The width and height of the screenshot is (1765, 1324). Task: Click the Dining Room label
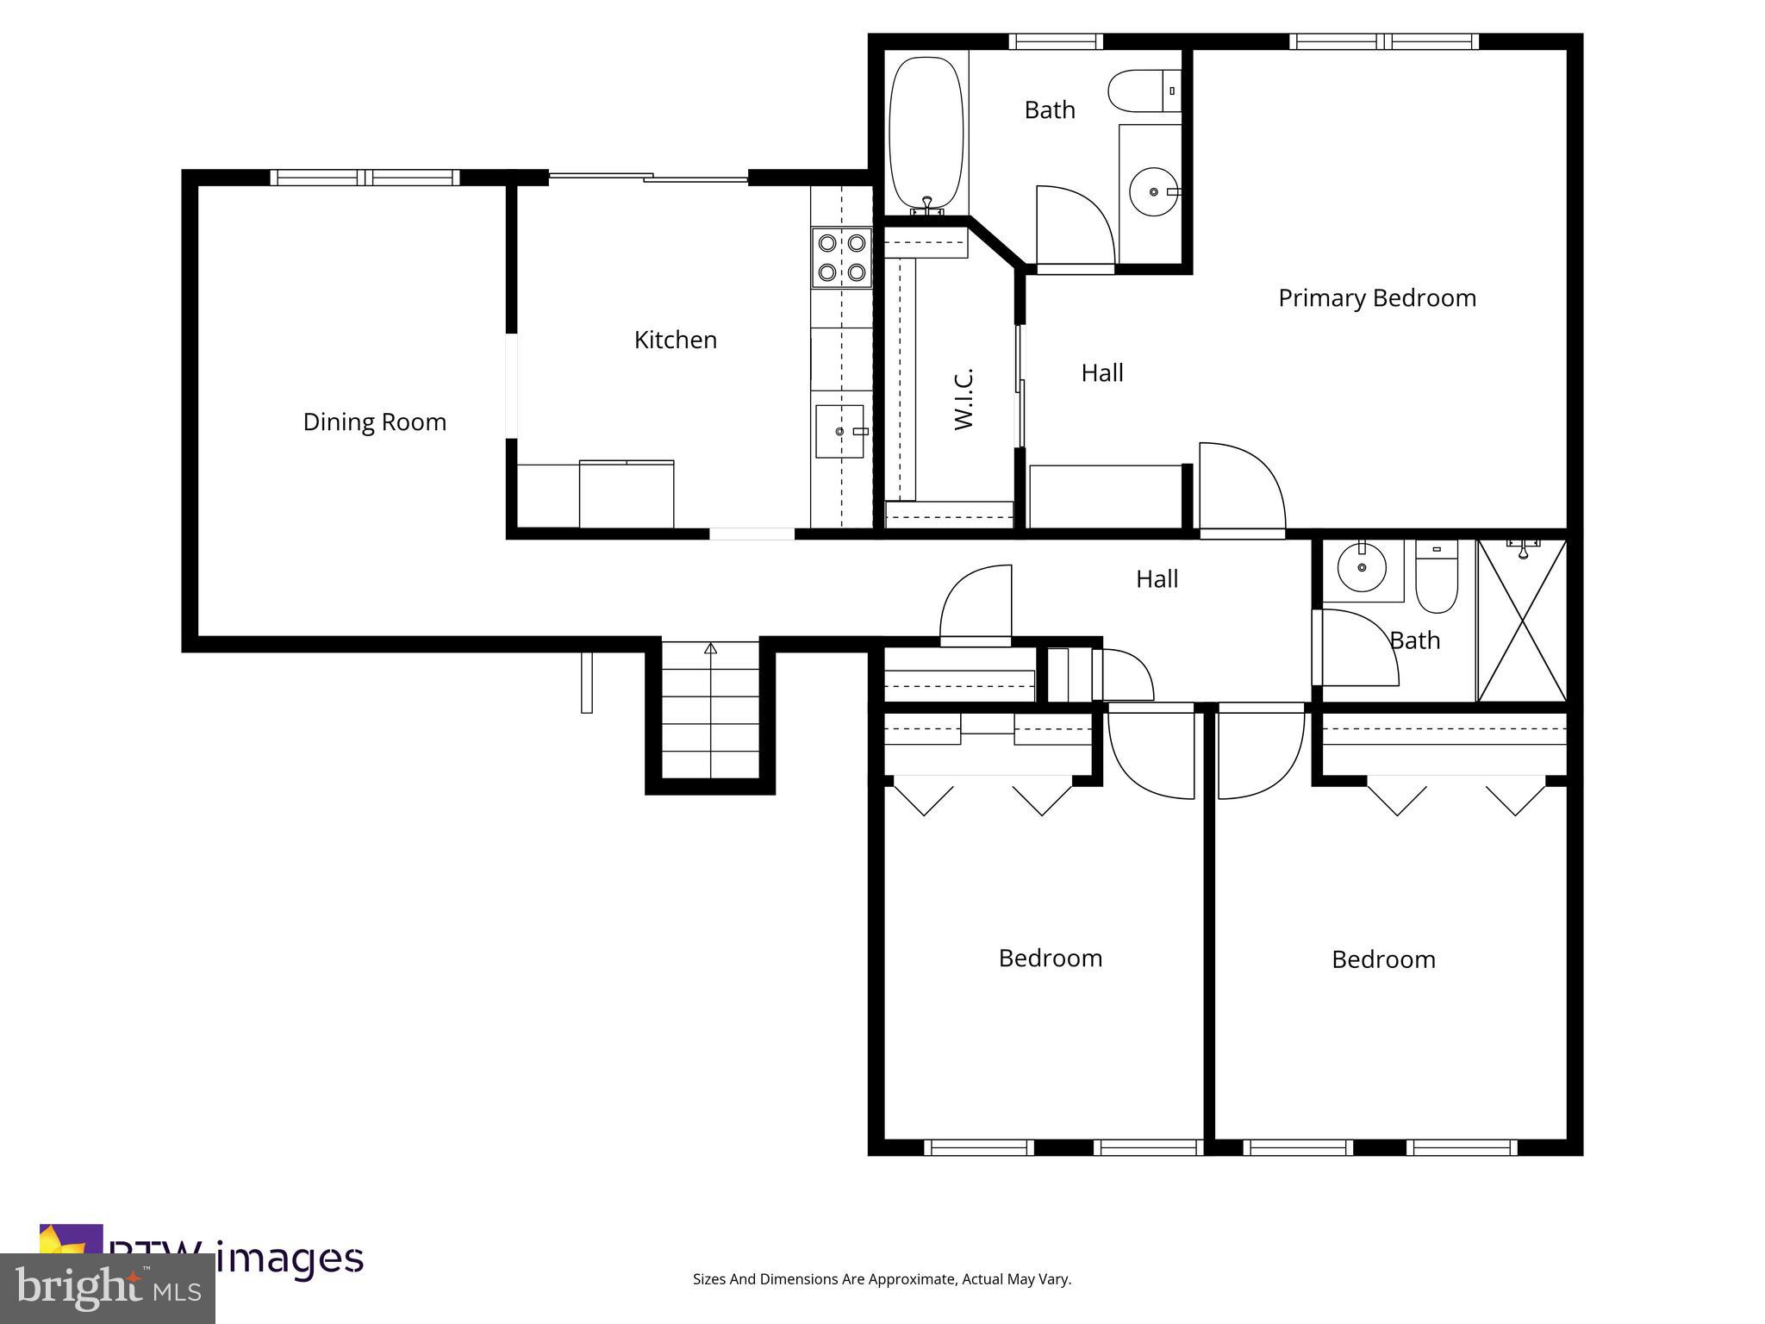point(375,422)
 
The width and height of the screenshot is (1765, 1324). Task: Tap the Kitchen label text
point(675,340)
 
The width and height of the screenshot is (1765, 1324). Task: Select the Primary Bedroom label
point(1376,298)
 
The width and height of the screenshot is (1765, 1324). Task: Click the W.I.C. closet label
point(964,399)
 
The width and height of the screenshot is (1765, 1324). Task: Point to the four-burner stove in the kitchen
point(841,257)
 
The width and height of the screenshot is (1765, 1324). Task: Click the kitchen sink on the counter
point(839,431)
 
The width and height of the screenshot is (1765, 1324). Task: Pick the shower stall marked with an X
point(1522,621)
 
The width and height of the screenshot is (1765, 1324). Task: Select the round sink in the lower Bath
point(1362,568)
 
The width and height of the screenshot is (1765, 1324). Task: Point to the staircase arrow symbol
point(710,648)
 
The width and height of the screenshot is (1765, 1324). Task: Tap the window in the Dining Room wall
point(365,178)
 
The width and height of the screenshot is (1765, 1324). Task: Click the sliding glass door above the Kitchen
point(648,178)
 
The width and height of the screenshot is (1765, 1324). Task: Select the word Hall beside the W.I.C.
point(1101,373)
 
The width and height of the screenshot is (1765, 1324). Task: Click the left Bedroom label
point(1050,959)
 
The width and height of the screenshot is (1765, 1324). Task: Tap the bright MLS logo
point(108,1288)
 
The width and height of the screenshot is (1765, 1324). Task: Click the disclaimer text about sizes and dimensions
point(882,1279)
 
